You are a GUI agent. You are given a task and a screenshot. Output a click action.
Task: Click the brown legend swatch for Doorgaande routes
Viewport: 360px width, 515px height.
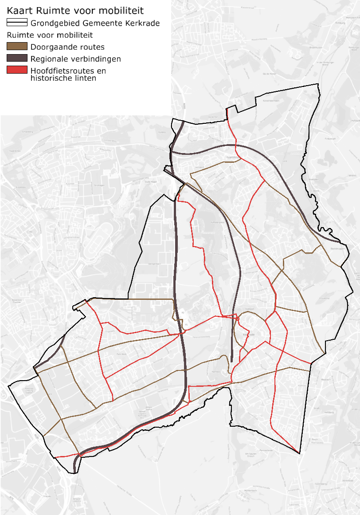point(17,47)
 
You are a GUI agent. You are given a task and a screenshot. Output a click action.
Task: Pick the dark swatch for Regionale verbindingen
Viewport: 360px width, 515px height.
point(17,58)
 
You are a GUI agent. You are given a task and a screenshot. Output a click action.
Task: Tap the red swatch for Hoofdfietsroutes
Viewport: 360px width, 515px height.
point(17,70)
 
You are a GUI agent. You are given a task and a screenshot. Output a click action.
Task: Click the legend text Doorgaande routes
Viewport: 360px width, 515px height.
point(67,47)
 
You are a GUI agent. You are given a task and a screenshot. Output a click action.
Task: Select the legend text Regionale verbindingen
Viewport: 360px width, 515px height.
point(75,59)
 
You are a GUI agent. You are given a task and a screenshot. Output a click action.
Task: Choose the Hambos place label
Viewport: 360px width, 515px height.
point(216,370)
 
